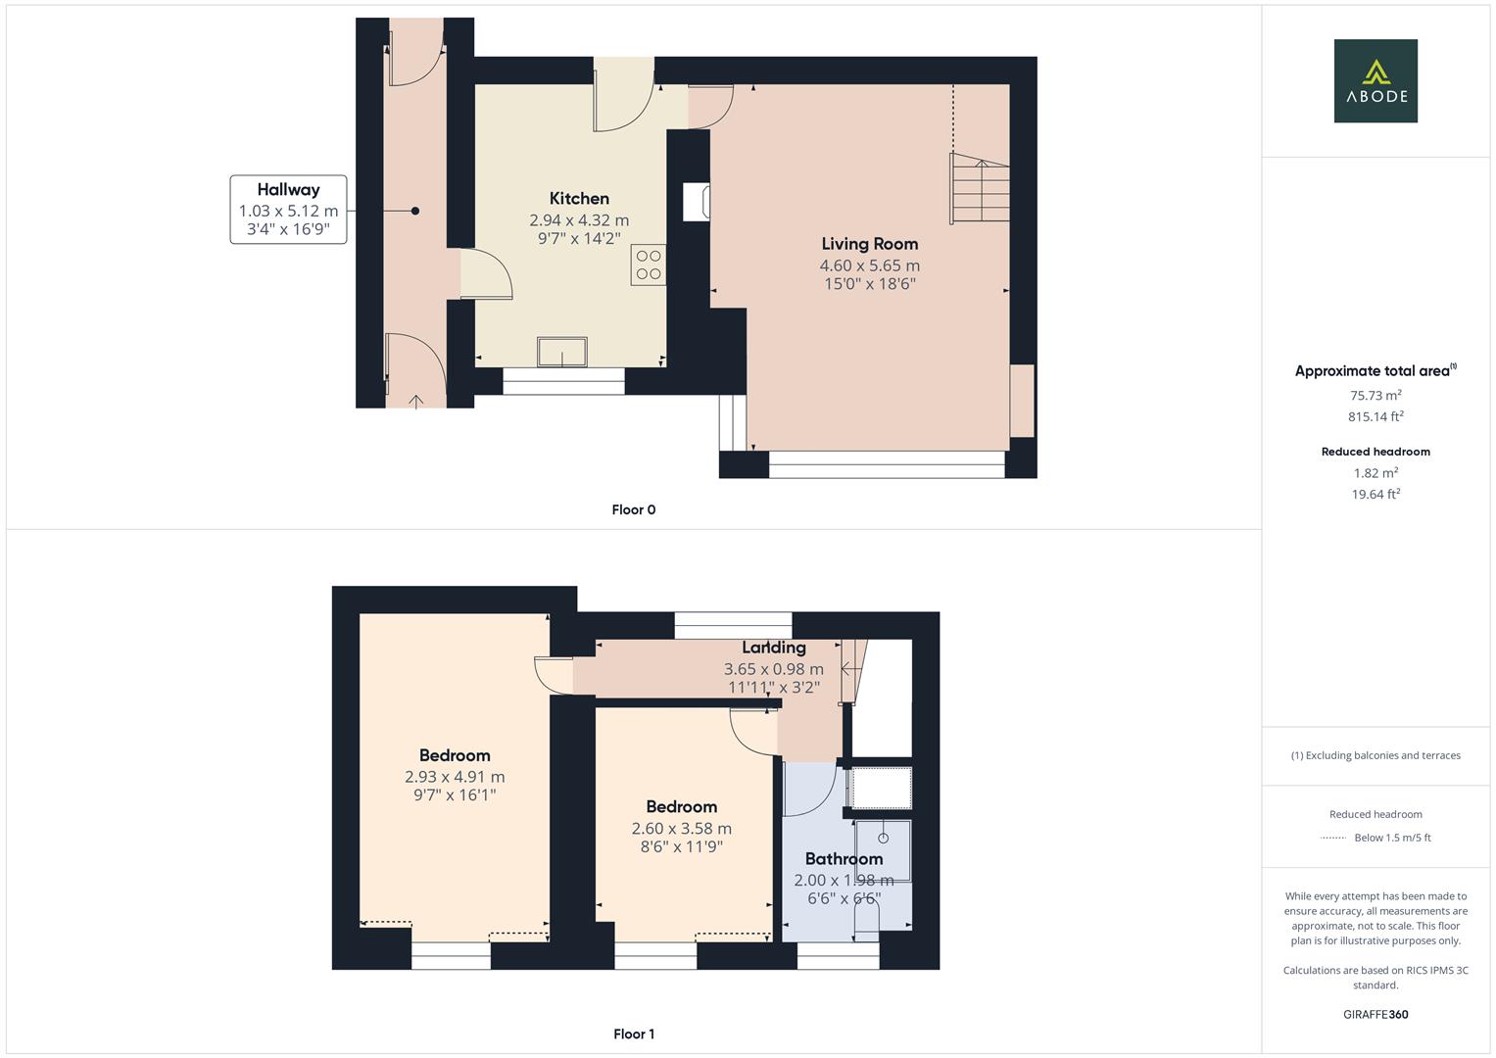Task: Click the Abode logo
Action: [x=1375, y=80]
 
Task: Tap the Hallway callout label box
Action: [x=288, y=209]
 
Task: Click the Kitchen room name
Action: [x=579, y=199]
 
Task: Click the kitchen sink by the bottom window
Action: [x=562, y=352]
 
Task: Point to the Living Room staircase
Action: [x=979, y=189]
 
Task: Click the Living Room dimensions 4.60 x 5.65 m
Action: [x=869, y=265]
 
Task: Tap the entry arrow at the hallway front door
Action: [x=416, y=400]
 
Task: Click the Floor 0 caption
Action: [x=633, y=509]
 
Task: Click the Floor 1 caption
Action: [x=633, y=1034]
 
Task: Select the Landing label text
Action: [x=774, y=648]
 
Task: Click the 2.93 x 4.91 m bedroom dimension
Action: [x=455, y=777]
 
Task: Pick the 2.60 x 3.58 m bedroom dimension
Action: [x=681, y=829]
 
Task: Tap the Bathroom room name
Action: [x=844, y=859]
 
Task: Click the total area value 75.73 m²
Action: [x=1375, y=396]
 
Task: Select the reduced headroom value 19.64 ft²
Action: [x=1375, y=495]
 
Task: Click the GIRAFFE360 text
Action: [x=1375, y=1014]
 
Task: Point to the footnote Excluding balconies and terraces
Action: [x=1375, y=755]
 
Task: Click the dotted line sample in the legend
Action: [x=1333, y=838]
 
